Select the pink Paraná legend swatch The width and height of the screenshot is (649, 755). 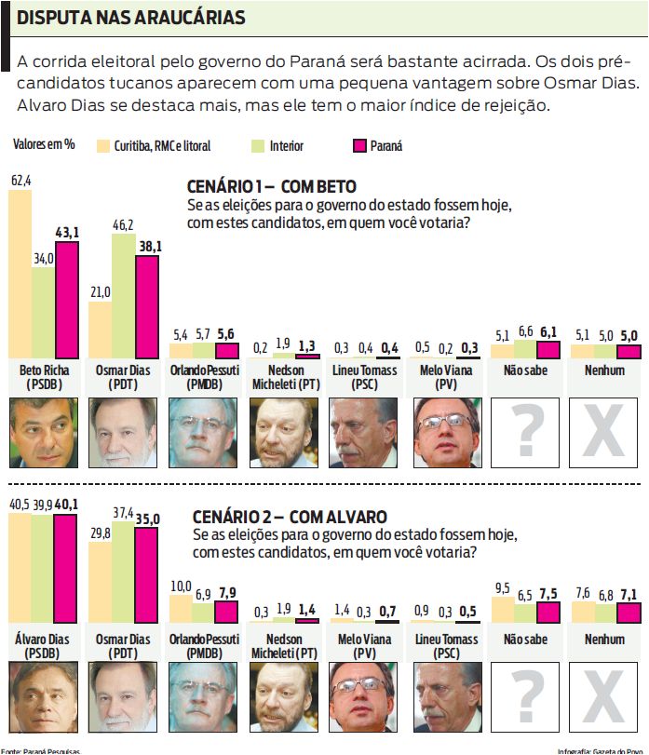click(359, 145)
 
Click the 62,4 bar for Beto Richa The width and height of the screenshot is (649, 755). click(20, 275)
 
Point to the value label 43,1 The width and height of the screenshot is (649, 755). click(67, 231)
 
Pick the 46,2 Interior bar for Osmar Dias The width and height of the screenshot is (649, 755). click(123, 296)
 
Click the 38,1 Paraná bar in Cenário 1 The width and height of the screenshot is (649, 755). click(147, 307)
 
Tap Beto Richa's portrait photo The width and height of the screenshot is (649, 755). click(43, 431)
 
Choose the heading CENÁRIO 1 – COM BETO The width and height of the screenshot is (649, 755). click(272, 186)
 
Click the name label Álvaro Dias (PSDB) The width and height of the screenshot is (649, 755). click(43, 646)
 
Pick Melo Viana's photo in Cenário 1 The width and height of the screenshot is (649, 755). click(444, 431)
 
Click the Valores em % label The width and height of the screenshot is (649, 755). click(44, 144)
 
